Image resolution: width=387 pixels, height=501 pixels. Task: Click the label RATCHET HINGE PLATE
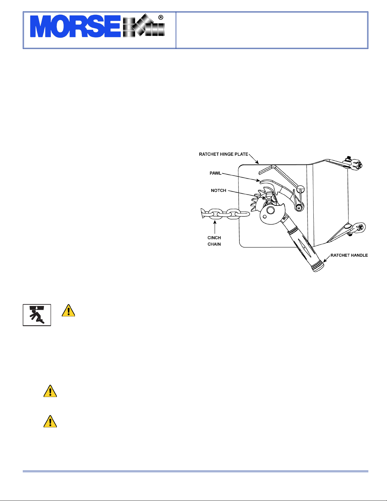coord(223,154)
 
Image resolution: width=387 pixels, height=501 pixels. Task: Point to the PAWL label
coord(215,173)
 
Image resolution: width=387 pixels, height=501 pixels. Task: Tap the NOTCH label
coord(219,190)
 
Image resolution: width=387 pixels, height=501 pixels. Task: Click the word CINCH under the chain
coord(214,238)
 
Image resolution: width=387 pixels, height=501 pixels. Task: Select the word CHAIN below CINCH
coord(214,244)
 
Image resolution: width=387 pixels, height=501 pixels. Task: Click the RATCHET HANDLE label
coord(349,255)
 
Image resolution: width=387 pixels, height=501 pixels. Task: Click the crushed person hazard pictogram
coord(37,315)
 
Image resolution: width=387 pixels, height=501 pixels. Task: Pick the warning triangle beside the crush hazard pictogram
coord(68,311)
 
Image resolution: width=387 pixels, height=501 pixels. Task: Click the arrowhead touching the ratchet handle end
coord(325,261)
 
